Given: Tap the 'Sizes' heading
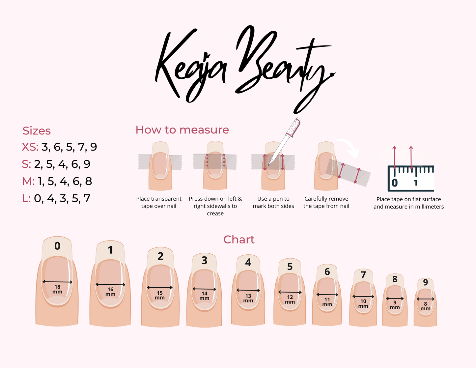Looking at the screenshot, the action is click(37, 131).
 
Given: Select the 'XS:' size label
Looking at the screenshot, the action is click(30, 147).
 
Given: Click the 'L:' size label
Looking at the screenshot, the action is click(26, 198).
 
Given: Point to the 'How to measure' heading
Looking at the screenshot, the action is click(182, 130).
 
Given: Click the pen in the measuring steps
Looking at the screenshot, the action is click(284, 142).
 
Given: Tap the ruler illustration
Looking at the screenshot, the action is click(411, 178).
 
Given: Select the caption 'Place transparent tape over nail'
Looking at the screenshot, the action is click(159, 202).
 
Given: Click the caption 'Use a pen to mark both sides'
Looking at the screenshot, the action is click(273, 202).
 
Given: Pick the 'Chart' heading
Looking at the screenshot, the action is click(239, 240).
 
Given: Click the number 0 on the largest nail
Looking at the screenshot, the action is click(57, 246).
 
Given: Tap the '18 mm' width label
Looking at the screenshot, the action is click(57, 289).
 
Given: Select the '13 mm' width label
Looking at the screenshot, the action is click(248, 298).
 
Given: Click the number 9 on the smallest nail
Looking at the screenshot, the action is click(425, 282).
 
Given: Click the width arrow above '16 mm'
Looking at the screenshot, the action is click(110, 285).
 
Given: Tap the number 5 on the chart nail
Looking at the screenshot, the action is click(290, 267).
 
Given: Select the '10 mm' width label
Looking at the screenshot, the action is click(363, 304).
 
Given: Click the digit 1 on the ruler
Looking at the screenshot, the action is click(415, 183).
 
